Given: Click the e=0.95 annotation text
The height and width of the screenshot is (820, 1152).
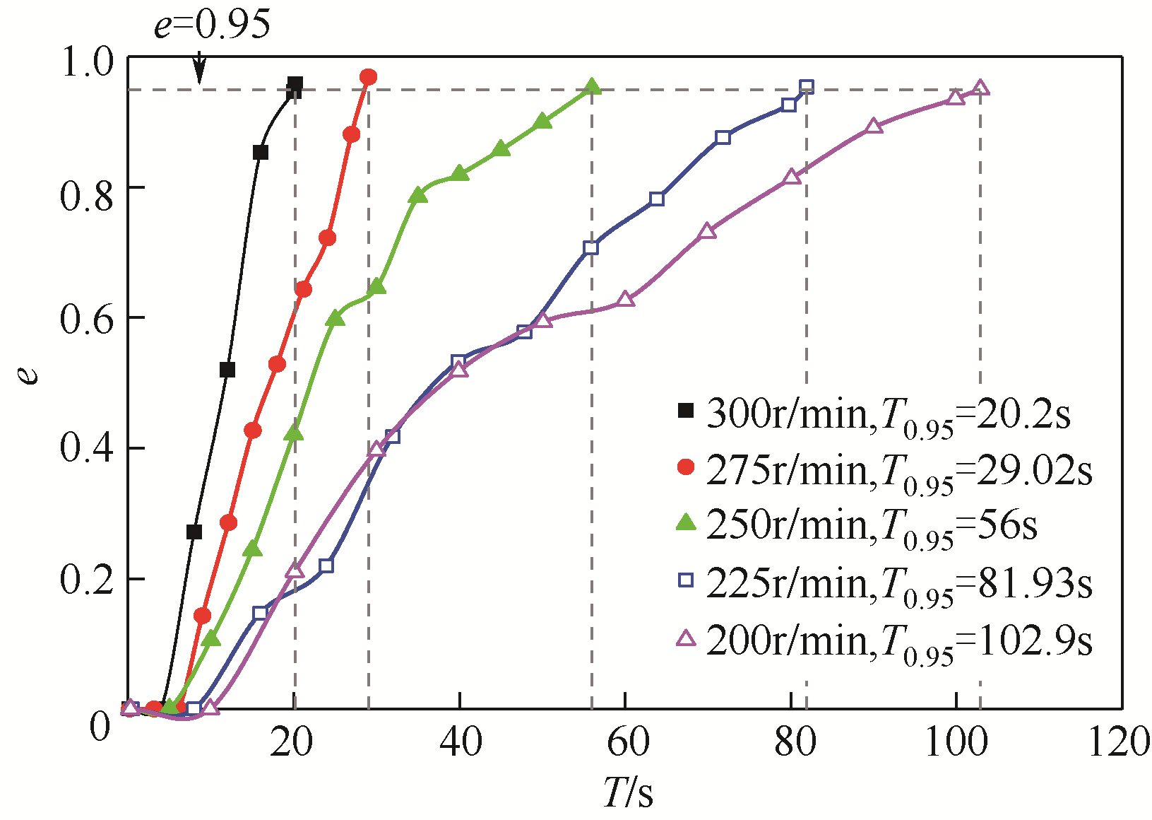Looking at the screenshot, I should [212, 25].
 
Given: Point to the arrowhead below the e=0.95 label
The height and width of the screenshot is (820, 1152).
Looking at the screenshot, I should [200, 76].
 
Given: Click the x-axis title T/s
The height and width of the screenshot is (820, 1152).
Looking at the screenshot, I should [628, 792].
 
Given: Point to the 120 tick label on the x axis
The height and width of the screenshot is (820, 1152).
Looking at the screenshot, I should [1120, 742].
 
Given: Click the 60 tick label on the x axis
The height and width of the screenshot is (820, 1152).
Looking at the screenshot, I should [627, 742].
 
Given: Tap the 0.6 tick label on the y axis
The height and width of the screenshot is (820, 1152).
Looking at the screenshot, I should [87, 319].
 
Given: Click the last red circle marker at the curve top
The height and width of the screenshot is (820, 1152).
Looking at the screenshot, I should [368, 76].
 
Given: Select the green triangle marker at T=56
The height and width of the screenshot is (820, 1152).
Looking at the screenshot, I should [592, 87].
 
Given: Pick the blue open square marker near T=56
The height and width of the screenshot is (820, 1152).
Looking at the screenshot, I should [591, 247].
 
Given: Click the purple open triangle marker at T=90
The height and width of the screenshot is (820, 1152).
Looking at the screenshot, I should [874, 126].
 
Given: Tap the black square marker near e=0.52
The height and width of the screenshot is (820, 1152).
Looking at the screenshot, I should [227, 370].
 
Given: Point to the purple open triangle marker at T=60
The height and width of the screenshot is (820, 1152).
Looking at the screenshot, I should [625, 299].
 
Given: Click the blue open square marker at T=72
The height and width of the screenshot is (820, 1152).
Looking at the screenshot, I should [723, 137].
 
